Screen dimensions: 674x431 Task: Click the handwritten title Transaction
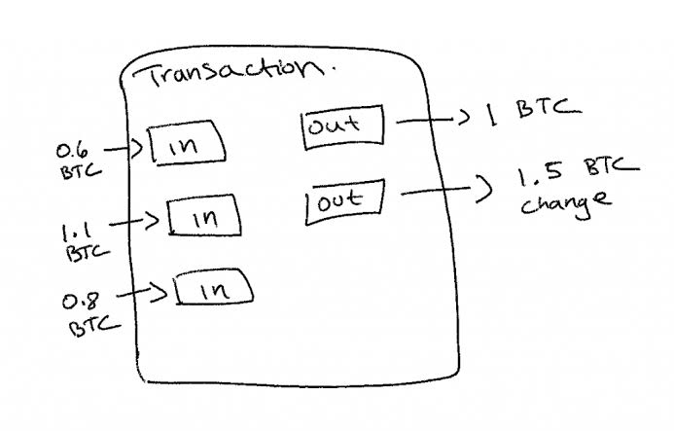click(x=234, y=73)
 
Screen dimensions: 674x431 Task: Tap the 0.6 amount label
click(x=72, y=151)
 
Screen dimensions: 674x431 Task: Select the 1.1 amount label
click(x=77, y=232)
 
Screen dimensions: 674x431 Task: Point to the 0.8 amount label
click(x=81, y=301)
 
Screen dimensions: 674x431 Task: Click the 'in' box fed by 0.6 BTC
click(x=187, y=143)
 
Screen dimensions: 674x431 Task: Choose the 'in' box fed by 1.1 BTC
click(x=204, y=216)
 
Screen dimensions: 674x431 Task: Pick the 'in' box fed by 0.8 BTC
click(x=214, y=287)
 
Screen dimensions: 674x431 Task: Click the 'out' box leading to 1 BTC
click(x=342, y=126)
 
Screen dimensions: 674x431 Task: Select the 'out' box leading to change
click(x=344, y=201)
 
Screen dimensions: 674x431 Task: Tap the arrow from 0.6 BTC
click(x=124, y=149)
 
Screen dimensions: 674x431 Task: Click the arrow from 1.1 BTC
click(x=134, y=222)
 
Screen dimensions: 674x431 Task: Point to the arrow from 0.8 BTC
click(x=142, y=293)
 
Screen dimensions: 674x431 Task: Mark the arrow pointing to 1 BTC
click(x=433, y=119)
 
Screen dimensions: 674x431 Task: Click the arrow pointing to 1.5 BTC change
click(x=446, y=190)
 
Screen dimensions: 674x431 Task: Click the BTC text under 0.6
click(x=81, y=171)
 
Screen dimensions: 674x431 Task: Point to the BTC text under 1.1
click(x=88, y=253)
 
